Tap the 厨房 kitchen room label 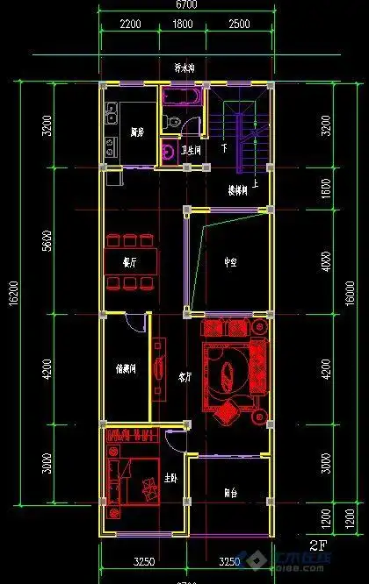136,133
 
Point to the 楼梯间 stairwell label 237,189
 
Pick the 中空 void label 230,261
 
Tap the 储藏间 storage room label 126,369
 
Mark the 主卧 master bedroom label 171,479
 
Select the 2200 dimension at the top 130,25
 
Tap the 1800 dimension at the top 183,25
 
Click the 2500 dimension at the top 237,25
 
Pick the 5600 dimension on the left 47,239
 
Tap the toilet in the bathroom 172,123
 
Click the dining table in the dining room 132,260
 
